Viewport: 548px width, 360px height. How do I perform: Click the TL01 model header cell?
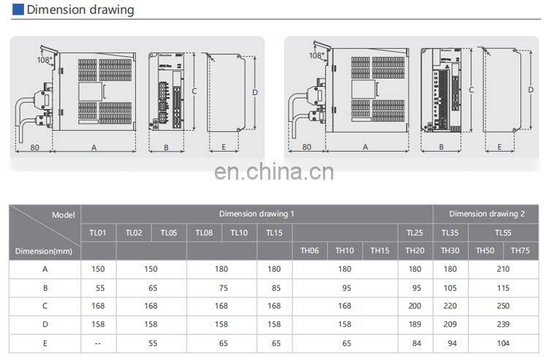tap(98, 232)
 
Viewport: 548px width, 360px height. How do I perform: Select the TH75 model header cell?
tap(520, 250)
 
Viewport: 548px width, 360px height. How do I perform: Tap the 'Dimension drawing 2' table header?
tap(487, 214)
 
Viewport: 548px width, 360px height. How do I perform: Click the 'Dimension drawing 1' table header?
tap(256, 214)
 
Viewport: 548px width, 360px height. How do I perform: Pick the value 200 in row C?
tap(415, 306)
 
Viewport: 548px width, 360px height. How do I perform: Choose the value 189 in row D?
tap(415, 324)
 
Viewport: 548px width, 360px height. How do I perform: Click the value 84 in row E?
tap(415, 342)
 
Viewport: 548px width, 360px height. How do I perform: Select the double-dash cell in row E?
tap(98, 342)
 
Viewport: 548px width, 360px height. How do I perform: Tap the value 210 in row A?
tap(503, 269)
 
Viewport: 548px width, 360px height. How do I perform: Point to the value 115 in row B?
tap(503, 288)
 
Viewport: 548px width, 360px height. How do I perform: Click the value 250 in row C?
tap(503, 306)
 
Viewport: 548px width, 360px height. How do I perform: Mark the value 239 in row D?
tap(503, 324)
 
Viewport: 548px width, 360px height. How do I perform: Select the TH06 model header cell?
tap(310, 250)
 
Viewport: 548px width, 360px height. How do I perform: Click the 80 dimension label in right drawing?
tap(306, 147)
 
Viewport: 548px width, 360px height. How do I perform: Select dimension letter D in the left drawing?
tap(254, 92)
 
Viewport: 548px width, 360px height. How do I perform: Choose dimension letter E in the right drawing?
tap(499, 147)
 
